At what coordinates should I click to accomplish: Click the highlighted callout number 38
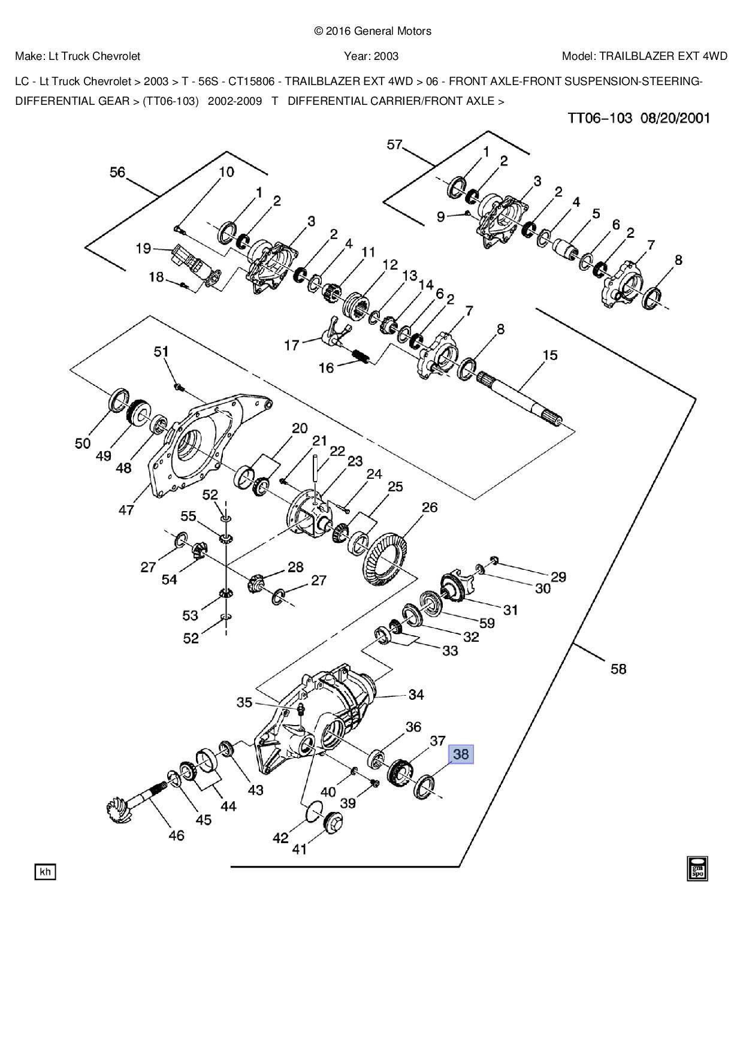(461, 754)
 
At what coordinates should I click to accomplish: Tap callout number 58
(618, 668)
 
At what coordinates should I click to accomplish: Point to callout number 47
(126, 510)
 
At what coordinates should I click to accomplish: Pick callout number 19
(143, 248)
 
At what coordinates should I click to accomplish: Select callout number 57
(394, 145)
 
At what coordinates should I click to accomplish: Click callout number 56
(117, 173)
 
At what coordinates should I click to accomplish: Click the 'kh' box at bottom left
(45, 872)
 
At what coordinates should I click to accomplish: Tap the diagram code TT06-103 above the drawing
(600, 118)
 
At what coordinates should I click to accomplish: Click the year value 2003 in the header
(386, 56)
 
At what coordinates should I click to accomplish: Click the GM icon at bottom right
(697, 869)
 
